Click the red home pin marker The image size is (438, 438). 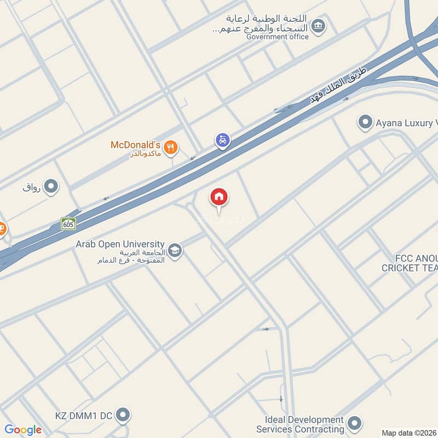coord(219,198)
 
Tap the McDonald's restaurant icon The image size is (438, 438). coord(171,146)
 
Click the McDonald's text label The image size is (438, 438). coord(136,145)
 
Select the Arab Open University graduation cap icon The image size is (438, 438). coord(175,251)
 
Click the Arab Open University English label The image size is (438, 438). coord(120,244)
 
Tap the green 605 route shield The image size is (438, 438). coord(68,223)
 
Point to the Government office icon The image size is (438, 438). coord(318,25)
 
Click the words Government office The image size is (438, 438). coord(278,37)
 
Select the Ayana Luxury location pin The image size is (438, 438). coord(365,123)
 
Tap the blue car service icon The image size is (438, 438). coord(222,141)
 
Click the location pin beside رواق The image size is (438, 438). coord(51,187)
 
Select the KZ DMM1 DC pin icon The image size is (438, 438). coord(124,416)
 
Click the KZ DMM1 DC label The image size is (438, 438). coord(83,416)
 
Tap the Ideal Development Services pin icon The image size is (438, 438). coord(355,423)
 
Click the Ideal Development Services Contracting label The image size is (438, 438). coord(301,424)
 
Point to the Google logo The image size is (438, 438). coord(23,430)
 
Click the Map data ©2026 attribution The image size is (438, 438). coord(408,433)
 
